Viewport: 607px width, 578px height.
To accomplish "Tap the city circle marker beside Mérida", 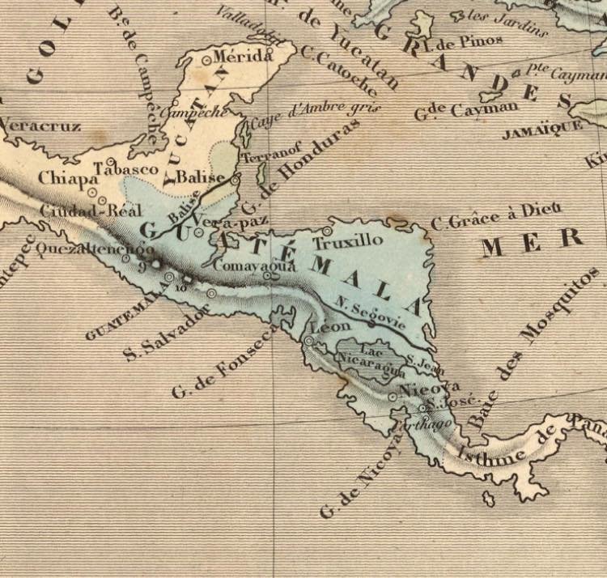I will (x=208, y=59).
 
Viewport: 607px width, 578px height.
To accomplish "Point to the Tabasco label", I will (x=127, y=168).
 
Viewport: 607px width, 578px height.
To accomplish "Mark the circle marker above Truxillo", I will (x=327, y=230).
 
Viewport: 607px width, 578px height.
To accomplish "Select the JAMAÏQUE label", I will (x=542, y=130).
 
